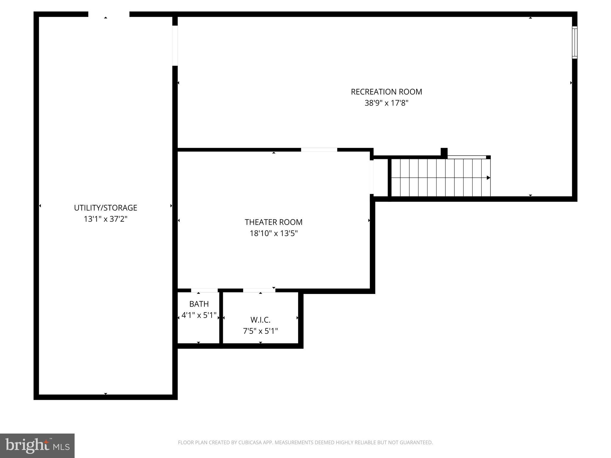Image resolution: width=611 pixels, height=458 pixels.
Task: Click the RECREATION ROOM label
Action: (386, 92)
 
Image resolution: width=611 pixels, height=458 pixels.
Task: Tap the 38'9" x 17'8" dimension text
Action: (386, 103)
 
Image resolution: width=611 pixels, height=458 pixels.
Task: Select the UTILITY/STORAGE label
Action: (106, 208)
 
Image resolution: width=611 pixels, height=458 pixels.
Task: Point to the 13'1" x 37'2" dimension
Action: (106, 219)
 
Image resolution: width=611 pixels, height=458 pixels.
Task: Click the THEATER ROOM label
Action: (274, 222)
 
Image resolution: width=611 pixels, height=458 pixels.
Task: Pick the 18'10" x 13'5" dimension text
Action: (274, 233)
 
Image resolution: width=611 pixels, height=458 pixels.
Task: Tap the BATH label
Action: (199, 304)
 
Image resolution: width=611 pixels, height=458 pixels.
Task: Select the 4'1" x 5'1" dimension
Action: (199, 315)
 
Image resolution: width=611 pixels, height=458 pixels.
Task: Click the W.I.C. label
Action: (260, 320)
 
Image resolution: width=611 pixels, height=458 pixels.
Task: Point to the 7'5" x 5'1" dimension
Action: (260, 331)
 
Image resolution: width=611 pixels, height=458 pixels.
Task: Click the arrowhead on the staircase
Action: (488, 178)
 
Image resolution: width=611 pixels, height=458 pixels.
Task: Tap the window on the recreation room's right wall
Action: (575, 42)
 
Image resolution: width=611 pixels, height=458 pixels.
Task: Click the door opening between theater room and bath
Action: (204, 290)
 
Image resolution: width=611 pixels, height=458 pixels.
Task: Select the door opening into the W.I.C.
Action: (259, 290)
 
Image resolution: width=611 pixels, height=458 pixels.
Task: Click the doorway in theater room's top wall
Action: (319, 150)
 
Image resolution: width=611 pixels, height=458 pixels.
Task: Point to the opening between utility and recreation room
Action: (175, 46)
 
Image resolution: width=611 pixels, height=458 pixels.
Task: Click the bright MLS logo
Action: (37, 445)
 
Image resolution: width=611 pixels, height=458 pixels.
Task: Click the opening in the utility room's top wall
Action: (109, 14)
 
